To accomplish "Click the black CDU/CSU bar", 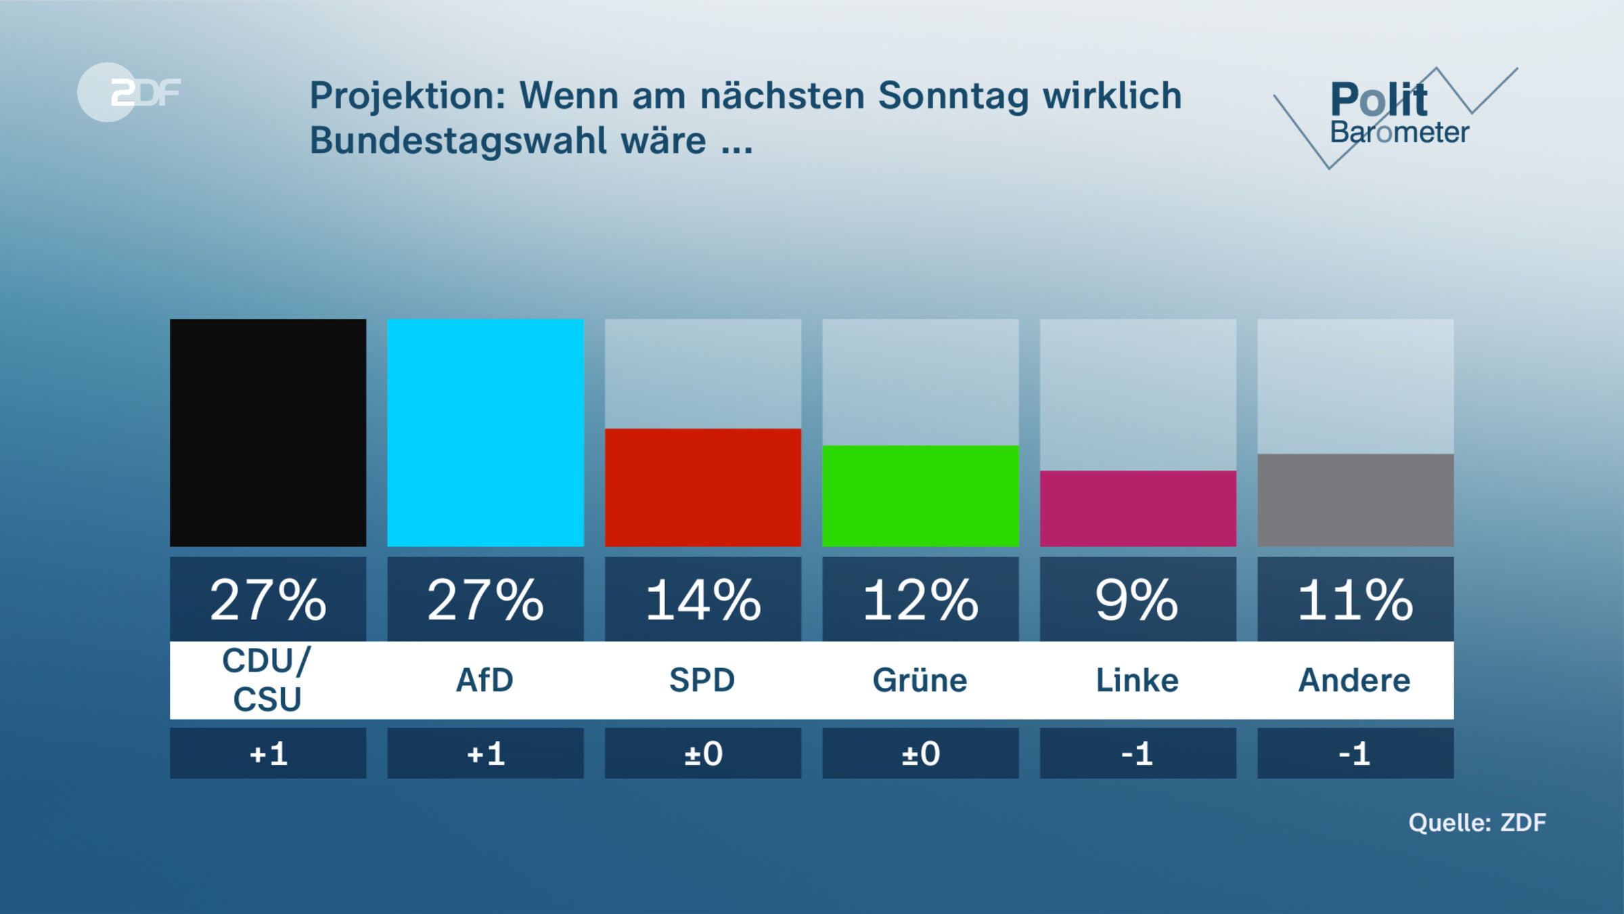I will (268, 433).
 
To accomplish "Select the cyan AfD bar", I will (485, 433).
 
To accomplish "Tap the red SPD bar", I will (703, 487).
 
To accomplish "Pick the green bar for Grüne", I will (920, 496).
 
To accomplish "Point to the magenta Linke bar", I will (1137, 508).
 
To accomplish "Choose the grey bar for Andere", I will (1355, 500).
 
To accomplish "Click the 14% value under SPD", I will (703, 600).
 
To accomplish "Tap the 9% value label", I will (1137, 600).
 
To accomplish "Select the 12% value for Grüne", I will (920, 600).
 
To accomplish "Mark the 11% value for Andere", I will (1355, 600).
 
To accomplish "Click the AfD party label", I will (485, 680).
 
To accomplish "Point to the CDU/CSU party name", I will (268, 680).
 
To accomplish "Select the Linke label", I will (1137, 680).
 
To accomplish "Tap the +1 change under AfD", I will (485, 754).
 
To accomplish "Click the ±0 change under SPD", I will (703, 754).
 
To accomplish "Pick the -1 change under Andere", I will (1355, 754).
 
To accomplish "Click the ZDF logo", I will (129, 92).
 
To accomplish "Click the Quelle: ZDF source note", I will (1476, 823).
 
